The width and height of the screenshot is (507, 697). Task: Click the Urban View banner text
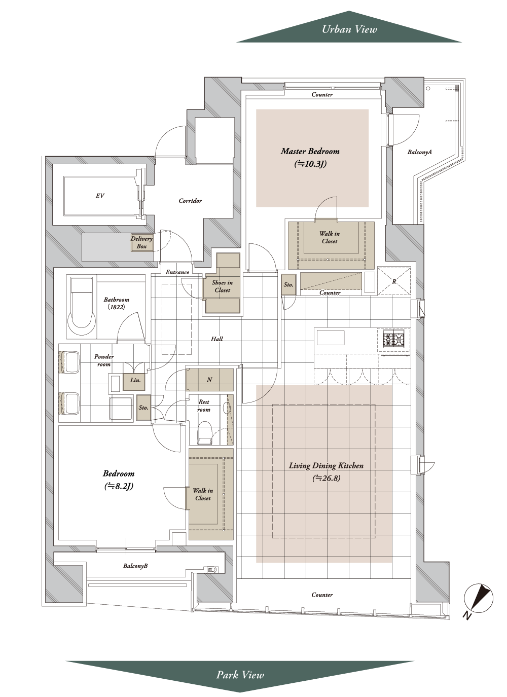[x=349, y=29]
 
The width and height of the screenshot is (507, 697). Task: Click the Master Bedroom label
[x=310, y=151]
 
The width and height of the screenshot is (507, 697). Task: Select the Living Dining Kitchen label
[x=326, y=465]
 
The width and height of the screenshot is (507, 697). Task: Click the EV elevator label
[x=100, y=196]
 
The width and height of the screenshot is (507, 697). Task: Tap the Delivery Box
[x=141, y=243]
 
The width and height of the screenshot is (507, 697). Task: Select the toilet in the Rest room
[x=204, y=432]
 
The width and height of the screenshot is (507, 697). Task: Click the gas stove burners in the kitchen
[x=394, y=339]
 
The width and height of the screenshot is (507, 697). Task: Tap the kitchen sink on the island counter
[x=331, y=338]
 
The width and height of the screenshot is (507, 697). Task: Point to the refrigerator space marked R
[x=394, y=281]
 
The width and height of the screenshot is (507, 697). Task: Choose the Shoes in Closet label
[x=222, y=286]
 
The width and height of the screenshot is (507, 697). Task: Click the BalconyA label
[x=420, y=152]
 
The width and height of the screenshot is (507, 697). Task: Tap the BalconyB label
[x=135, y=566]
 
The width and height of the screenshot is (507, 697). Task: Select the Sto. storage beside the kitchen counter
[x=288, y=284]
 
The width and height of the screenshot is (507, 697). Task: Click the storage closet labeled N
[x=209, y=380]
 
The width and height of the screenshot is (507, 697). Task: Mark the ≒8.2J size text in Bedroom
[x=119, y=486]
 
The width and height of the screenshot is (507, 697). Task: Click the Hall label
[x=217, y=339]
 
